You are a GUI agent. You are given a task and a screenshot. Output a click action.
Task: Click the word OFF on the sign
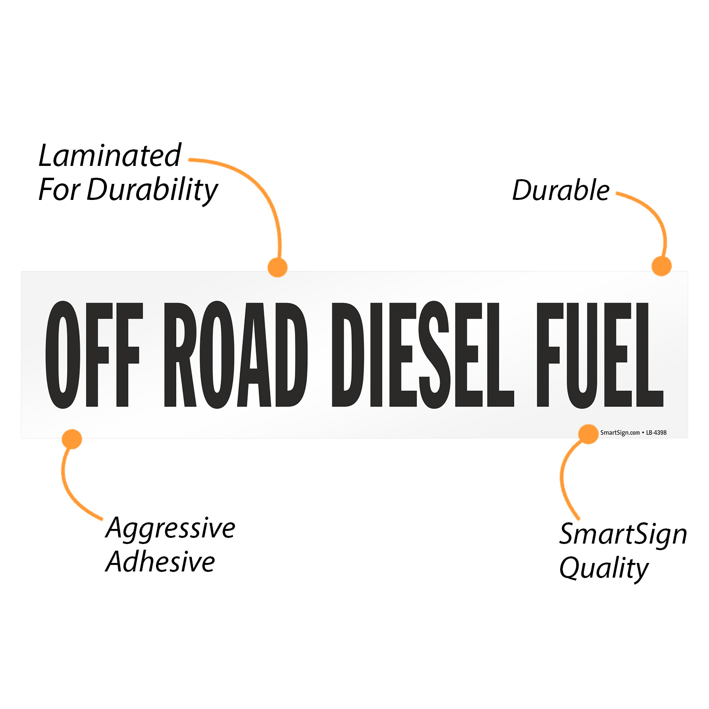(94, 354)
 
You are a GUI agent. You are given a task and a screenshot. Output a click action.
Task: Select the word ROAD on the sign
(235, 354)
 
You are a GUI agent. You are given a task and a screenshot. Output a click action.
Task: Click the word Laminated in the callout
(110, 156)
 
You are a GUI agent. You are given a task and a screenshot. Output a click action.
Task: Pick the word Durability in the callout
(152, 190)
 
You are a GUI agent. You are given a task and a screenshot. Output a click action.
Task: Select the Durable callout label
(561, 190)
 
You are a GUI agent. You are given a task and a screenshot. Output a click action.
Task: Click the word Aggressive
(170, 528)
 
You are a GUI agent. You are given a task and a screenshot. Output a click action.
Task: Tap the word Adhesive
(160, 562)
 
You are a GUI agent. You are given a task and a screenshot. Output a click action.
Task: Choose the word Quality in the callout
(604, 569)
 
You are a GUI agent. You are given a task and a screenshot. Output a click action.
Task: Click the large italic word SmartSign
(623, 535)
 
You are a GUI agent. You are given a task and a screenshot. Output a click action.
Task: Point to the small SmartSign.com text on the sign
(620, 432)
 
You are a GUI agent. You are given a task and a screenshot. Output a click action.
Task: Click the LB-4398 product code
(657, 432)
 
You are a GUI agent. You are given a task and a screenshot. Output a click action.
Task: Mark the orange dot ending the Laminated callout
(277, 267)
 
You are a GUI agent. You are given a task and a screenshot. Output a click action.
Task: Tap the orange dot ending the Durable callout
(661, 266)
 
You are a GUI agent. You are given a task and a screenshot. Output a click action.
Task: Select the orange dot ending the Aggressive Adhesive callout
(72, 439)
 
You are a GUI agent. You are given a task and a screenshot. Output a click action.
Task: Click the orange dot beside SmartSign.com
(588, 434)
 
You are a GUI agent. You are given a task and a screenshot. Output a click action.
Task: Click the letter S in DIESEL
(434, 354)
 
